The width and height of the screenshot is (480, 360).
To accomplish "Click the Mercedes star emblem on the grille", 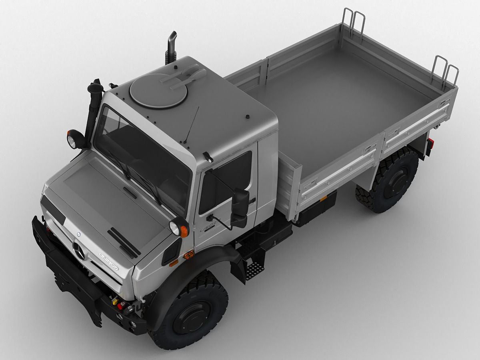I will tap(79, 251).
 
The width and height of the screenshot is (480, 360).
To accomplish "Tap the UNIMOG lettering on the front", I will tap(109, 261).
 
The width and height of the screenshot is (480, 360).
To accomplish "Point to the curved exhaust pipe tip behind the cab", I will tap(172, 37).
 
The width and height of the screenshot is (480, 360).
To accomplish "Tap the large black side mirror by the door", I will tap(240, 208).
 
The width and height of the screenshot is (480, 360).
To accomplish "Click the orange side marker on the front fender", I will tap(189, 254).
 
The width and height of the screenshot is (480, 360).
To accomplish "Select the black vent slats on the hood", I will tap(124, 242).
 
